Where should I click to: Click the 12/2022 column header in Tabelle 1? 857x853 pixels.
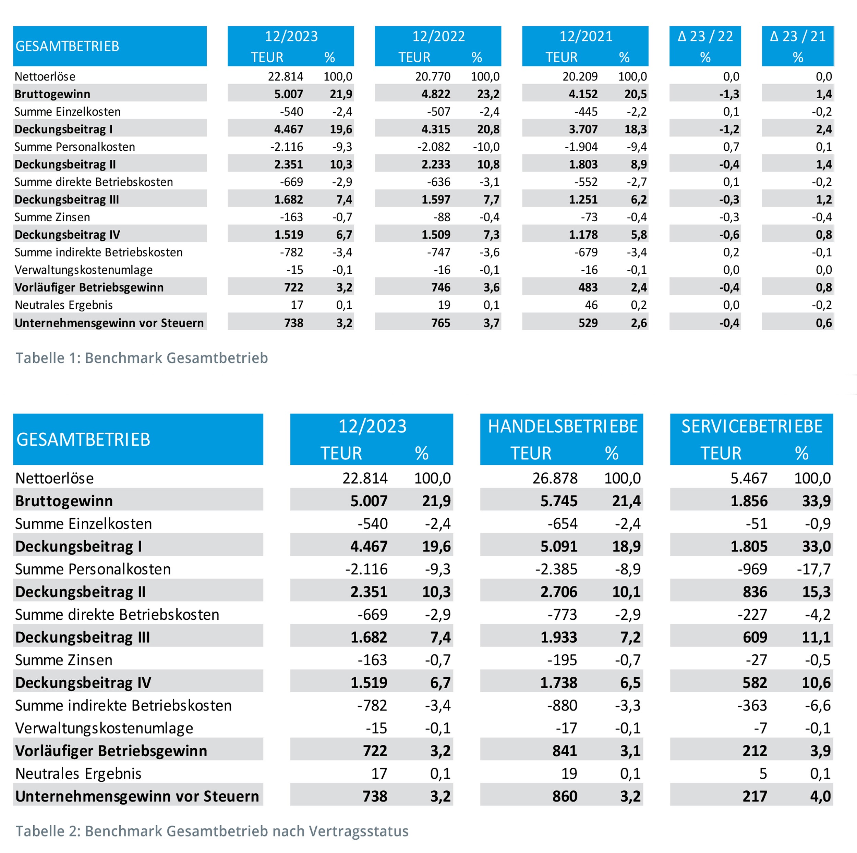[438, 36]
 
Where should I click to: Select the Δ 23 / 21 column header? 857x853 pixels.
[798, 36]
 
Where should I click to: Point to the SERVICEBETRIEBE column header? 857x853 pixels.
[752, 426]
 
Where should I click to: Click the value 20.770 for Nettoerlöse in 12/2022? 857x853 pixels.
[433, 77]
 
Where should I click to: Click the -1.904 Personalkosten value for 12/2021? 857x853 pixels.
[581, 147]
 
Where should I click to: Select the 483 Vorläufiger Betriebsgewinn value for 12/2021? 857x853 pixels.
[588, 287]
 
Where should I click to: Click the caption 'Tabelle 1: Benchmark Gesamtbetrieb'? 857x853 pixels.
[142, 358]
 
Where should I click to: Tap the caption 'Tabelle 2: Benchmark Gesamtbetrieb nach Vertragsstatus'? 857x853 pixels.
[212, 831]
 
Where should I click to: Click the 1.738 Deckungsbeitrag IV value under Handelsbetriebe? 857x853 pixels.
[558, 683]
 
